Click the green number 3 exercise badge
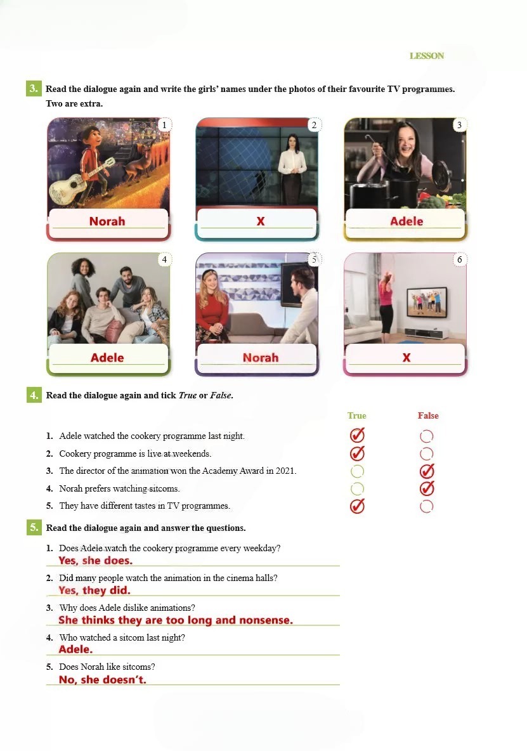34,88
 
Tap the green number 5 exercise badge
34,527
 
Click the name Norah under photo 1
107,221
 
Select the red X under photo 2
261,221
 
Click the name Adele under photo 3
407,221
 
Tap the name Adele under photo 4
107,358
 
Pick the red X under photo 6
407,358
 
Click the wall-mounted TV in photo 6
426,302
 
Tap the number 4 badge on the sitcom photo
164,259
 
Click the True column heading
356,415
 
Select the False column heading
428,415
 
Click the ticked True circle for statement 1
357,435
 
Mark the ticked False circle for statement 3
427,471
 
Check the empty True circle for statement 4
357,488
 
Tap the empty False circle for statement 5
426,506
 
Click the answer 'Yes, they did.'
94,590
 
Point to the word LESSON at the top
426,56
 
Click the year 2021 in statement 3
285,471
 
